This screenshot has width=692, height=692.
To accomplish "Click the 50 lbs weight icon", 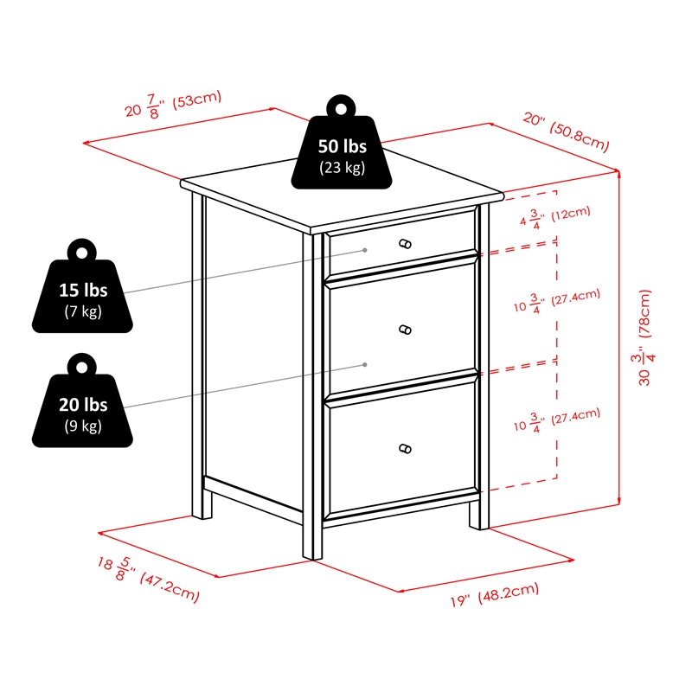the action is (341, 142).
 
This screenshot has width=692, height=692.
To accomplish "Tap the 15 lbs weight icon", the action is (82, 285).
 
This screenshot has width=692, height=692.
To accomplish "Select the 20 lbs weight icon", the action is (82, 400).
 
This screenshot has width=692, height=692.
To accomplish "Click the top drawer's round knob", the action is (405, 244).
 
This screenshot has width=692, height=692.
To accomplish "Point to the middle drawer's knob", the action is (405, 330).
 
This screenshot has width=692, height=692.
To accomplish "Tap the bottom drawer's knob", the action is (405, 449).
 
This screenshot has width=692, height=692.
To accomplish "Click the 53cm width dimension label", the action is (173, 105).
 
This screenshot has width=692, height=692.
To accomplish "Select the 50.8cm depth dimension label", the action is (566, 131).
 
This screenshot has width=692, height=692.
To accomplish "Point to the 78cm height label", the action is (644, 337).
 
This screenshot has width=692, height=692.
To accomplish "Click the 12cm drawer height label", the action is (554, 217).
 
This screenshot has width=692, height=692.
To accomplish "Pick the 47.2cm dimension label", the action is (148, 579).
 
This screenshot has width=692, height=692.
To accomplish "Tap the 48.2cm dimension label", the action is (494, 594).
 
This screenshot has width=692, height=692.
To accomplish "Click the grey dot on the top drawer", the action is (365, 250).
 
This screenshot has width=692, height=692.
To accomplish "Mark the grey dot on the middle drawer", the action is (365, 364).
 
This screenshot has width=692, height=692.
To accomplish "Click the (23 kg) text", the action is (342, 168).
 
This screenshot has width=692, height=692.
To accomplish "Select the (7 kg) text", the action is (83, 311).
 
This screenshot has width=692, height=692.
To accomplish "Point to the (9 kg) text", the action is (83, 426).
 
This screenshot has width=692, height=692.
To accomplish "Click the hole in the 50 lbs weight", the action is (341, 109).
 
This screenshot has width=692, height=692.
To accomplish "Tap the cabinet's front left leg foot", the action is (312, 552).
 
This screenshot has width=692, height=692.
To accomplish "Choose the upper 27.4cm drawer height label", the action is (557, 300).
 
